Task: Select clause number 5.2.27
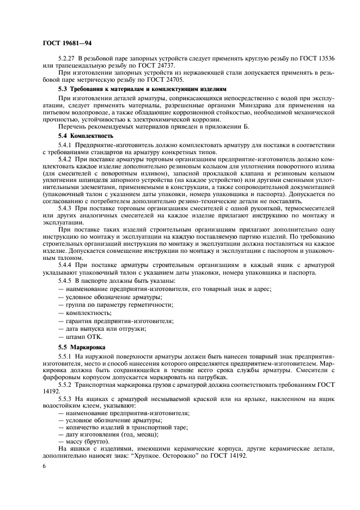tap(68, 57)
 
